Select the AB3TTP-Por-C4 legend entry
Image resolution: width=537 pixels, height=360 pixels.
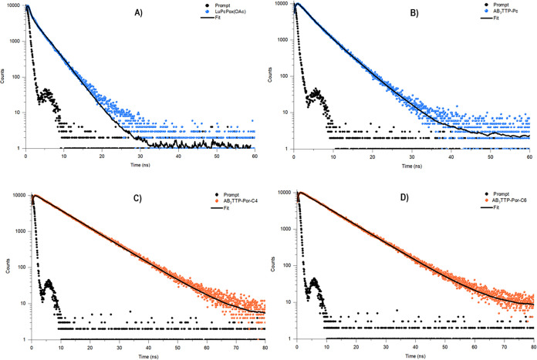(x=227, y=200)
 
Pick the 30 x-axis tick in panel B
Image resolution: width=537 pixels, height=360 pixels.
(x=411, y=157)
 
